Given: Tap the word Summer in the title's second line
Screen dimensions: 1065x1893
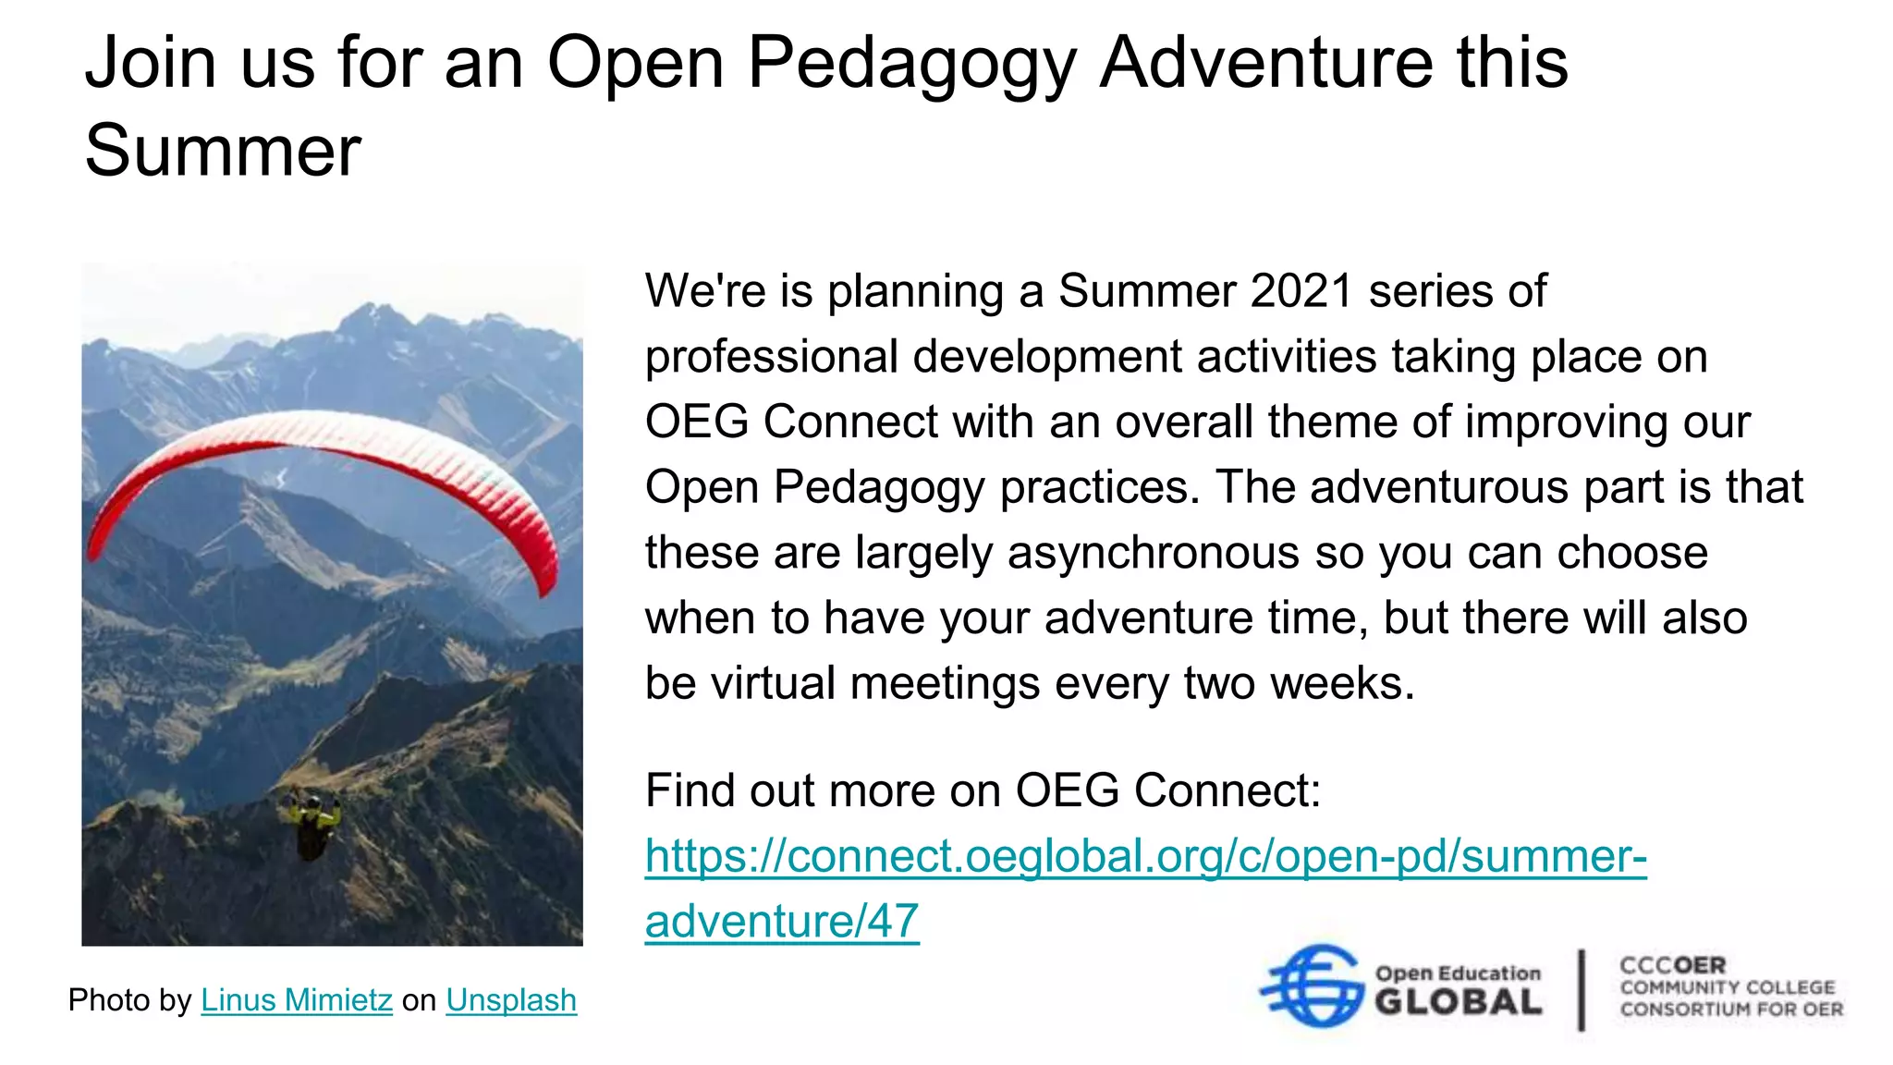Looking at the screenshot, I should [x=223, y=151].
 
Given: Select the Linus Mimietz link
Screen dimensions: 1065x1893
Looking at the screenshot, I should [x=297, y=1000].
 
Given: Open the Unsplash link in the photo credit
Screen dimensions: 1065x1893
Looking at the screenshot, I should [x=511, y=1000].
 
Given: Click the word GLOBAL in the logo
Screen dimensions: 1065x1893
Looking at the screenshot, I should [x=1458, y=1002].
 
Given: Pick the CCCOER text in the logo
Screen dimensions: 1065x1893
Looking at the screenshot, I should [x=1672, y=965].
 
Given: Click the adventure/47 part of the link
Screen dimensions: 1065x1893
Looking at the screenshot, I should [x=782, y=921].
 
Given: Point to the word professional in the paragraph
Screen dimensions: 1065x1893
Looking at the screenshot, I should [x=772, y=357].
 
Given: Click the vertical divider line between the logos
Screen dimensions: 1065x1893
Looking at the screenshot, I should [x=1582, y=989].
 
